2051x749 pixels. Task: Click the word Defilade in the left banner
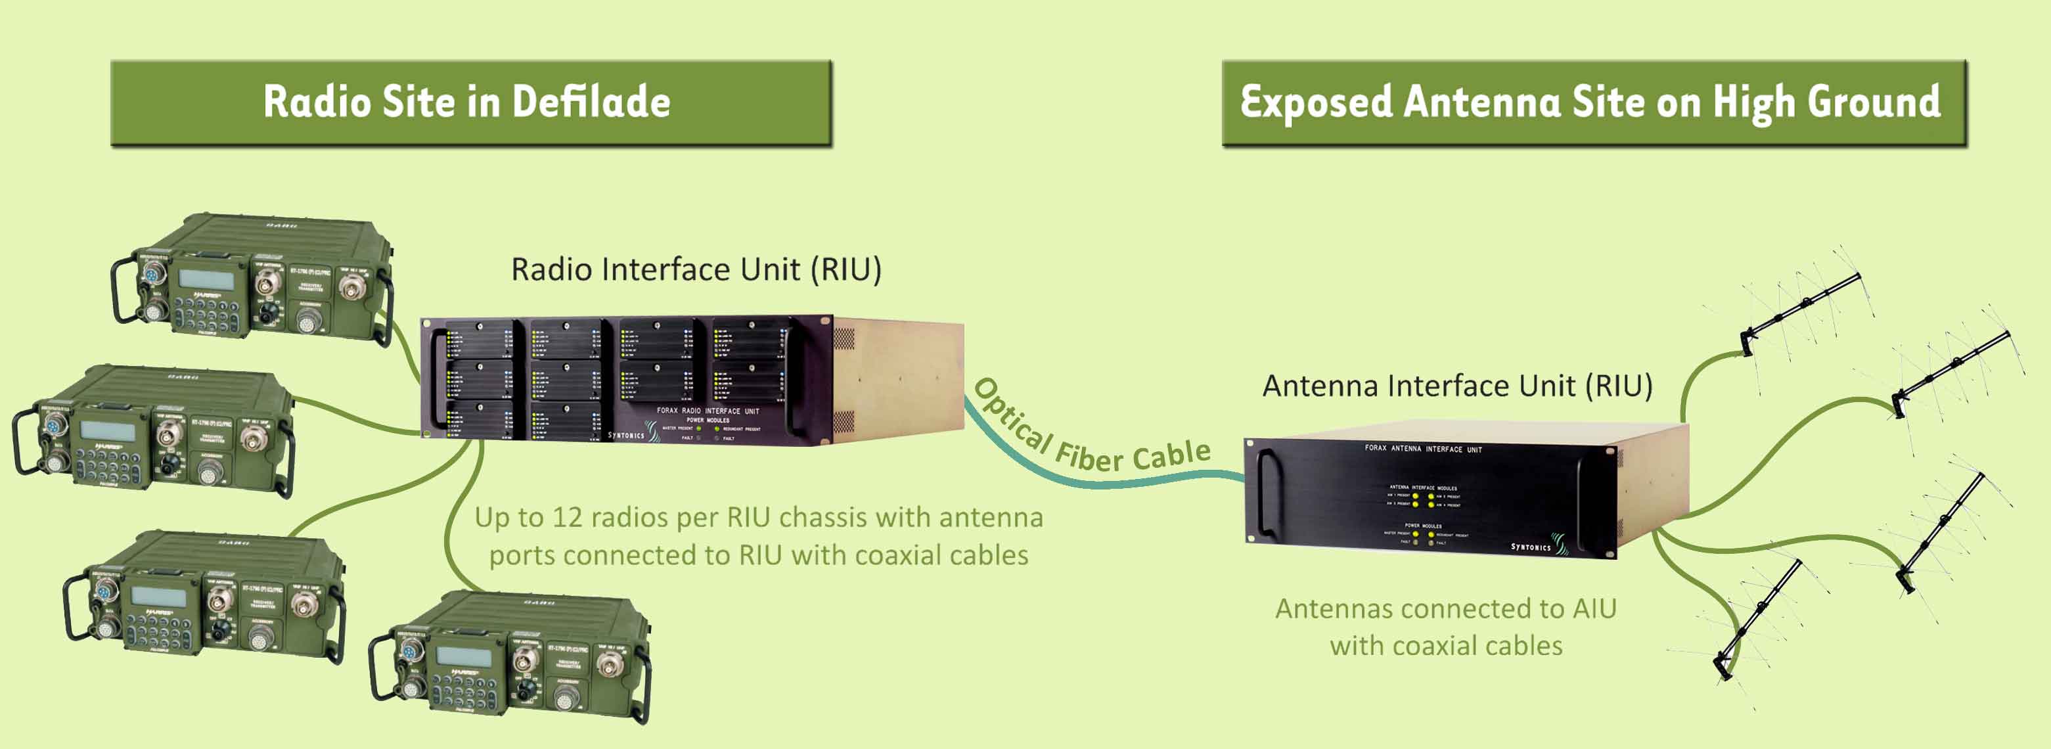590,102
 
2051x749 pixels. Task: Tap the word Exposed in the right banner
1315,102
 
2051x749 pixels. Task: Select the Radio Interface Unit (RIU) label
696,270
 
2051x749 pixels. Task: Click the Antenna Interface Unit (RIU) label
1457,386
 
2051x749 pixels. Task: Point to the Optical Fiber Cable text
1091,434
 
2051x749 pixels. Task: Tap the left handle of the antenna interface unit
1265,493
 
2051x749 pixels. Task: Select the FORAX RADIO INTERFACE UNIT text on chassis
707,411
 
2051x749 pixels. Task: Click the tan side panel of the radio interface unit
900,378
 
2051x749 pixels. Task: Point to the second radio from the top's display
108,430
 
